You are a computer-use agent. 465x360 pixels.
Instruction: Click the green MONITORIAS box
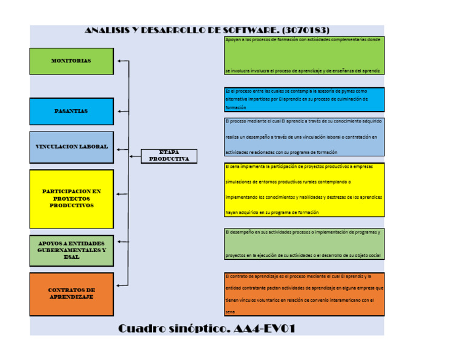[x=71, y=61]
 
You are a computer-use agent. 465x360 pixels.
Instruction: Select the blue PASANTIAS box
[x=71, y=112]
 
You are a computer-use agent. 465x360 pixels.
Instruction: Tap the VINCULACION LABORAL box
[x=71, y=147]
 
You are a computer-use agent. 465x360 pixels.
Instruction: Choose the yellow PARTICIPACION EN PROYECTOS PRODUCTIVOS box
[x=71, y=199]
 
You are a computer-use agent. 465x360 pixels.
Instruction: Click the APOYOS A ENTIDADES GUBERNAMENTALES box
[x=71, y=250]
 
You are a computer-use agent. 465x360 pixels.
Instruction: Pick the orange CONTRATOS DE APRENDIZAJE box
[x=71, y=294]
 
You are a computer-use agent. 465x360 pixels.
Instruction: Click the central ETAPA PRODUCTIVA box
[x=169, y=156]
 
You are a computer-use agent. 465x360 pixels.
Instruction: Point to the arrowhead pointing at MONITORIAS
[x=119, y=61]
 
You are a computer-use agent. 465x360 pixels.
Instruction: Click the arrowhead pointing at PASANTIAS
[x=119, y=112]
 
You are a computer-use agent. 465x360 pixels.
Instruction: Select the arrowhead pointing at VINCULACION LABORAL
[x=119, y=149]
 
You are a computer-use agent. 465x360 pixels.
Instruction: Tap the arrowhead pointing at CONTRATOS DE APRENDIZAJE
[x=119, y=285]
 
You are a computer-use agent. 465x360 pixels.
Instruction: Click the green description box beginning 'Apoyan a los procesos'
[x=304, y=56]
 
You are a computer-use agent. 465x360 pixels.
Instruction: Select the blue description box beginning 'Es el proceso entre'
[x=304, y=99]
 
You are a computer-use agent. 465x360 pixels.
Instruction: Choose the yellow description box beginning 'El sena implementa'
[x=304, y=189]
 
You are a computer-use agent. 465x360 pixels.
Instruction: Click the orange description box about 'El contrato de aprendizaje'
[x=304, y=294]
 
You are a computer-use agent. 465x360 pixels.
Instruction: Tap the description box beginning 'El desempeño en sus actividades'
[x=304, y=244]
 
